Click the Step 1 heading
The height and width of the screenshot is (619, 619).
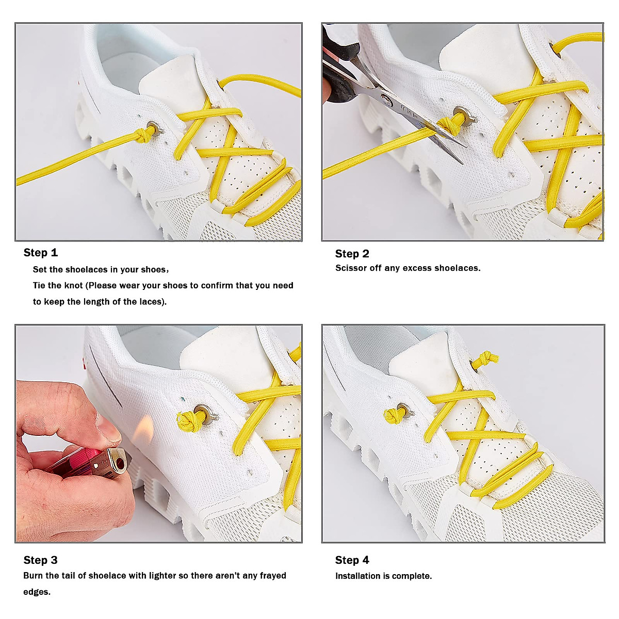pos(40,253)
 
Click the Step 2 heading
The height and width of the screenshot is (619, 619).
pos(352,254)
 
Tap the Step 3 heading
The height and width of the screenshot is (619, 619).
pos(40,560)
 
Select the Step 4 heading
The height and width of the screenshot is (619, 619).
pos(352,560)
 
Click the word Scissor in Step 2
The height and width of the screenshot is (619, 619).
pos(351,268)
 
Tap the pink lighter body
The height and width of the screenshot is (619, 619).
pos(77,461)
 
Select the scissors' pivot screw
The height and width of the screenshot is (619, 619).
pos(386,96)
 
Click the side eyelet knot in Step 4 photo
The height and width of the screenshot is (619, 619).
pos(395,414)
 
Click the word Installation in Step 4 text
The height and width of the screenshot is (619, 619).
pos(357,576)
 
